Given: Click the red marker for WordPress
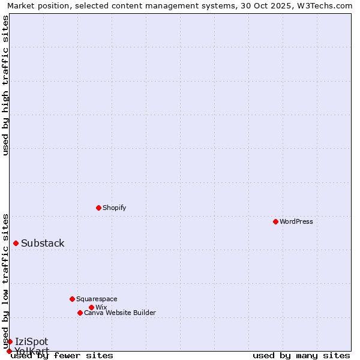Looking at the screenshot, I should pyautogui.click(x=275, y=221).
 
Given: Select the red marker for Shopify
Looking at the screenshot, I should pyautogui.click(x=98, y=208).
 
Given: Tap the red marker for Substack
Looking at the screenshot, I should pyautogui.click(x=16, y=243).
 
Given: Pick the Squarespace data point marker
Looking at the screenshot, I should pyautogui.click(x=72, y=299).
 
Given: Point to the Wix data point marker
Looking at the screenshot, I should pyautogui.click(x=91, y=307).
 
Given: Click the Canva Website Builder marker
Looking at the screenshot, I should pyautogui.click(x=80, y=313).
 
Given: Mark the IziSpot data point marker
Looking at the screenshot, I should pyautogui.click(x=10, y=341).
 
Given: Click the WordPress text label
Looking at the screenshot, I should pyautogui.click(x=296, y=221).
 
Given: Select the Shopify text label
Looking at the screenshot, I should pyautogui.click(x=114, y=208).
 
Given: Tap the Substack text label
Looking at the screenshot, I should pyautogui.click(x=43, y=243).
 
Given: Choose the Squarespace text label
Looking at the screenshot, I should pyautogui.click(x=97, y=299).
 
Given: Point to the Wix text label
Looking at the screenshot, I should pyautogui.click(x=101, y=307).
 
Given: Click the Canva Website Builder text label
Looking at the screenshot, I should pyautogui.click(x=120, y=313).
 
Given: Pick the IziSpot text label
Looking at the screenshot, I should pyautogui.click(x=31, y=341).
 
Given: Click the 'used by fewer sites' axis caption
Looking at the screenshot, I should pyautogui.click(x=62, y=356).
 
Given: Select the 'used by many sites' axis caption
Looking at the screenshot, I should pyautogui.click(x=301, y=356).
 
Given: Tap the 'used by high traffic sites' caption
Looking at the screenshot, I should pyautogui.click(x=5, y=85).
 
